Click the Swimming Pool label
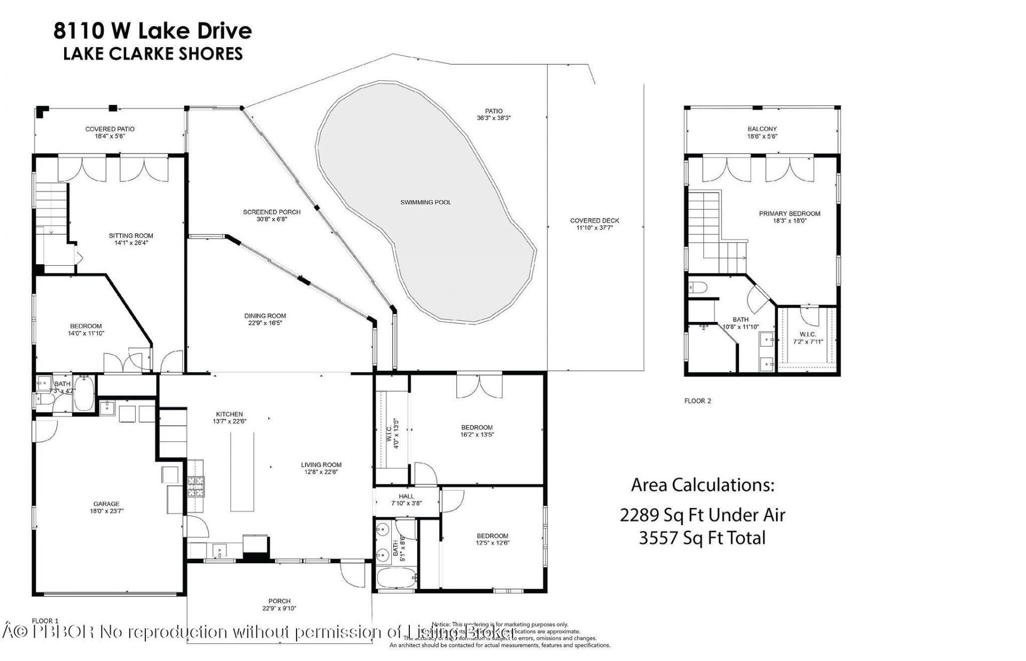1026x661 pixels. (425, 202)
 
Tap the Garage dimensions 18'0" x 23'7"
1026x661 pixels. (106, 511)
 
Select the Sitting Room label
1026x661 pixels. (131, 235)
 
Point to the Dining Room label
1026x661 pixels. (265, 316)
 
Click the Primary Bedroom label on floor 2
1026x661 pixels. (789, 213)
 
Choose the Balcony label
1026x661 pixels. (761, 129)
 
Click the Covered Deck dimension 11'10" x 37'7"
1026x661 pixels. (594, 227)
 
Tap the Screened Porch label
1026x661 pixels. (271, 212)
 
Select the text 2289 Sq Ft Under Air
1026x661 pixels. (702, 515)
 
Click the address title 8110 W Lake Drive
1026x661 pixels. (152, 30)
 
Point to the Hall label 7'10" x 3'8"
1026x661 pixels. (406, 499)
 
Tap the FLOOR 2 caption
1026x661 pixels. (697, 401)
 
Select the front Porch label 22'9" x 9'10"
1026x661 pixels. (279, 604)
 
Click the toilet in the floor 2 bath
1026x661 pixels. (697, 288)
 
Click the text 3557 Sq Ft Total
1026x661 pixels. (702, 537)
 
